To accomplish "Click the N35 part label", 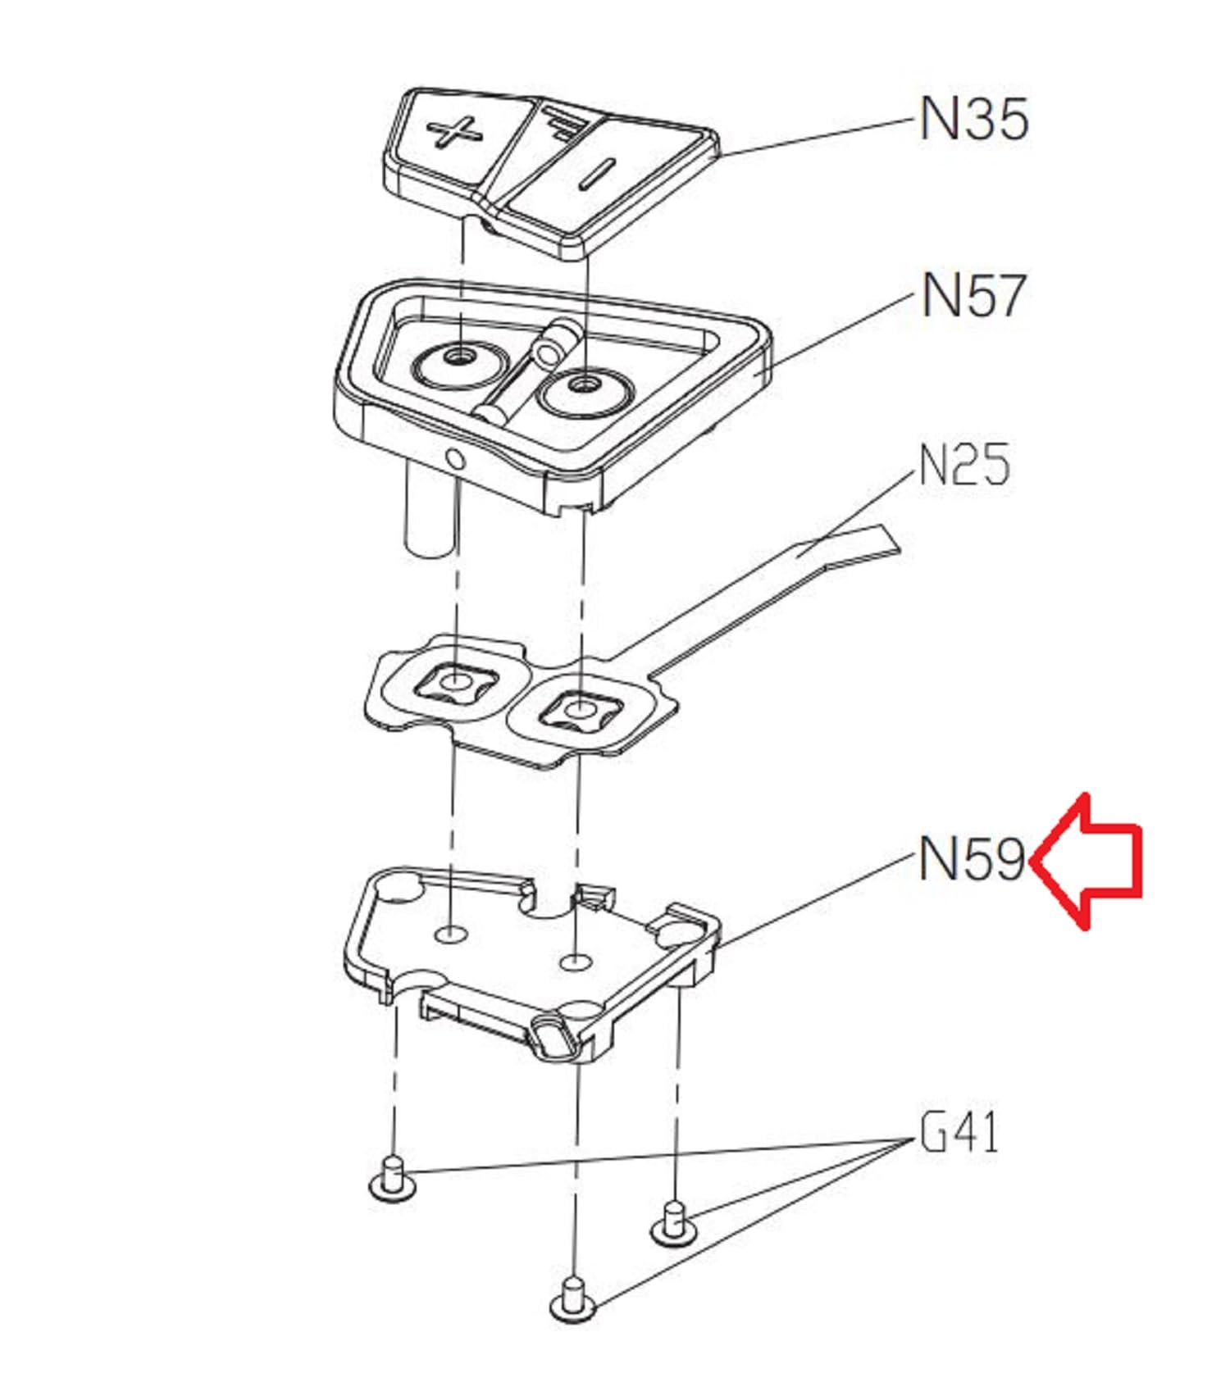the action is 973,119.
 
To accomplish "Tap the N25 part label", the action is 964,465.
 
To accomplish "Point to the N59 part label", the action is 973,859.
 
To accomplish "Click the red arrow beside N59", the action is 1086,862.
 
